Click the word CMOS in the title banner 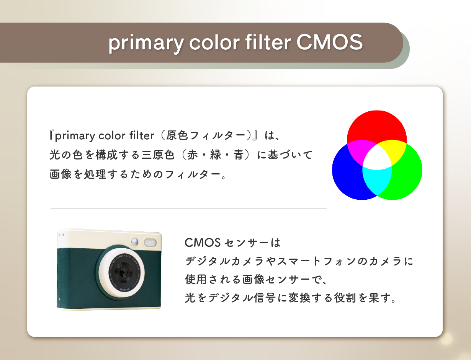(x=330, y=42)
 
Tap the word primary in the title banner (x=146, y=44)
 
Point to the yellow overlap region (x=394, y=150)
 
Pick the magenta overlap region (x=359, y=150)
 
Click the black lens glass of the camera (x=121, y=273)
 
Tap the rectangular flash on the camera (x=150, y=243)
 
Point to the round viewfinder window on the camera (x=134, y=242)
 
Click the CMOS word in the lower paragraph (x=203, y=243)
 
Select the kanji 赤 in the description (x=192, y=155)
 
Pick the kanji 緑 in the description (x=216, y=155)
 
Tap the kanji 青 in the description (x=239, y=155)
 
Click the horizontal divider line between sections (x=189, y=208)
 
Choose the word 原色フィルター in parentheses (x=206, y=135)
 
